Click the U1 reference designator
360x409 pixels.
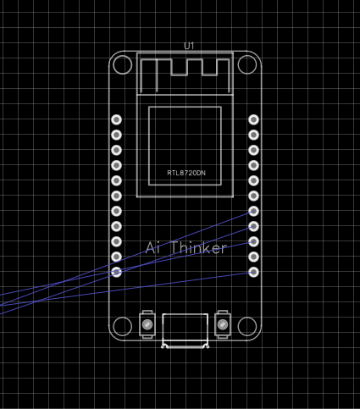[189, 46]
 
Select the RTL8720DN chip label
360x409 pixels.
[186, 173]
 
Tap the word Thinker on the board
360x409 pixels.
[199, 248]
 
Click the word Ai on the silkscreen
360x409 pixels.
[152, 248]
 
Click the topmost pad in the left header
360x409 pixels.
[116, 119]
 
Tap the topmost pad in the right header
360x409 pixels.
[253, 119]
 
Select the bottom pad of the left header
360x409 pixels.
[116, 272]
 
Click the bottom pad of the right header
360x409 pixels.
[253, 272]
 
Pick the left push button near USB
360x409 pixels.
[147, 324]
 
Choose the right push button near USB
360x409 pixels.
[223, 324]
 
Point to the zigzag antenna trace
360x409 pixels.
[171, 68]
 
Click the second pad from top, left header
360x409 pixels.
[116, 135]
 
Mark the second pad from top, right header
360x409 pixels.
[253, 135]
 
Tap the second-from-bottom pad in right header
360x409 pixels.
[253, 257]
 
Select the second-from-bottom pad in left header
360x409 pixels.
[116, 257]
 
